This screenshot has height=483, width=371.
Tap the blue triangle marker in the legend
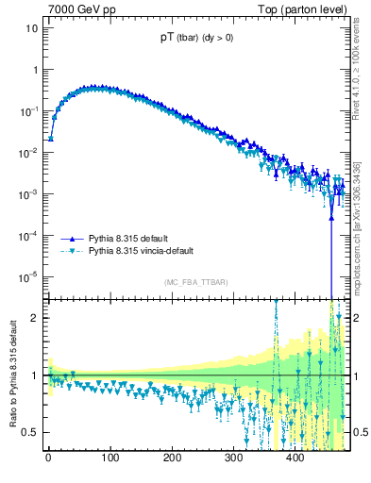click(x=70, y=239)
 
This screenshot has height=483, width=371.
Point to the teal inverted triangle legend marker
click(x=70, y=252)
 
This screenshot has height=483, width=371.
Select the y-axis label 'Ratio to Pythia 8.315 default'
click(x=11, y=375)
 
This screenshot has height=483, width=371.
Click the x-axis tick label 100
click(x=110, y=460)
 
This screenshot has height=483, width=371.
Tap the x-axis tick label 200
click(x=172, y=460)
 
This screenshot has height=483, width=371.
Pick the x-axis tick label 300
click(x=233, y=460)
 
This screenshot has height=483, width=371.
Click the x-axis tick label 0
click(x=48, y=460)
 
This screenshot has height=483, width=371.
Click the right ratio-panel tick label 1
click(x=355, y=375)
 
